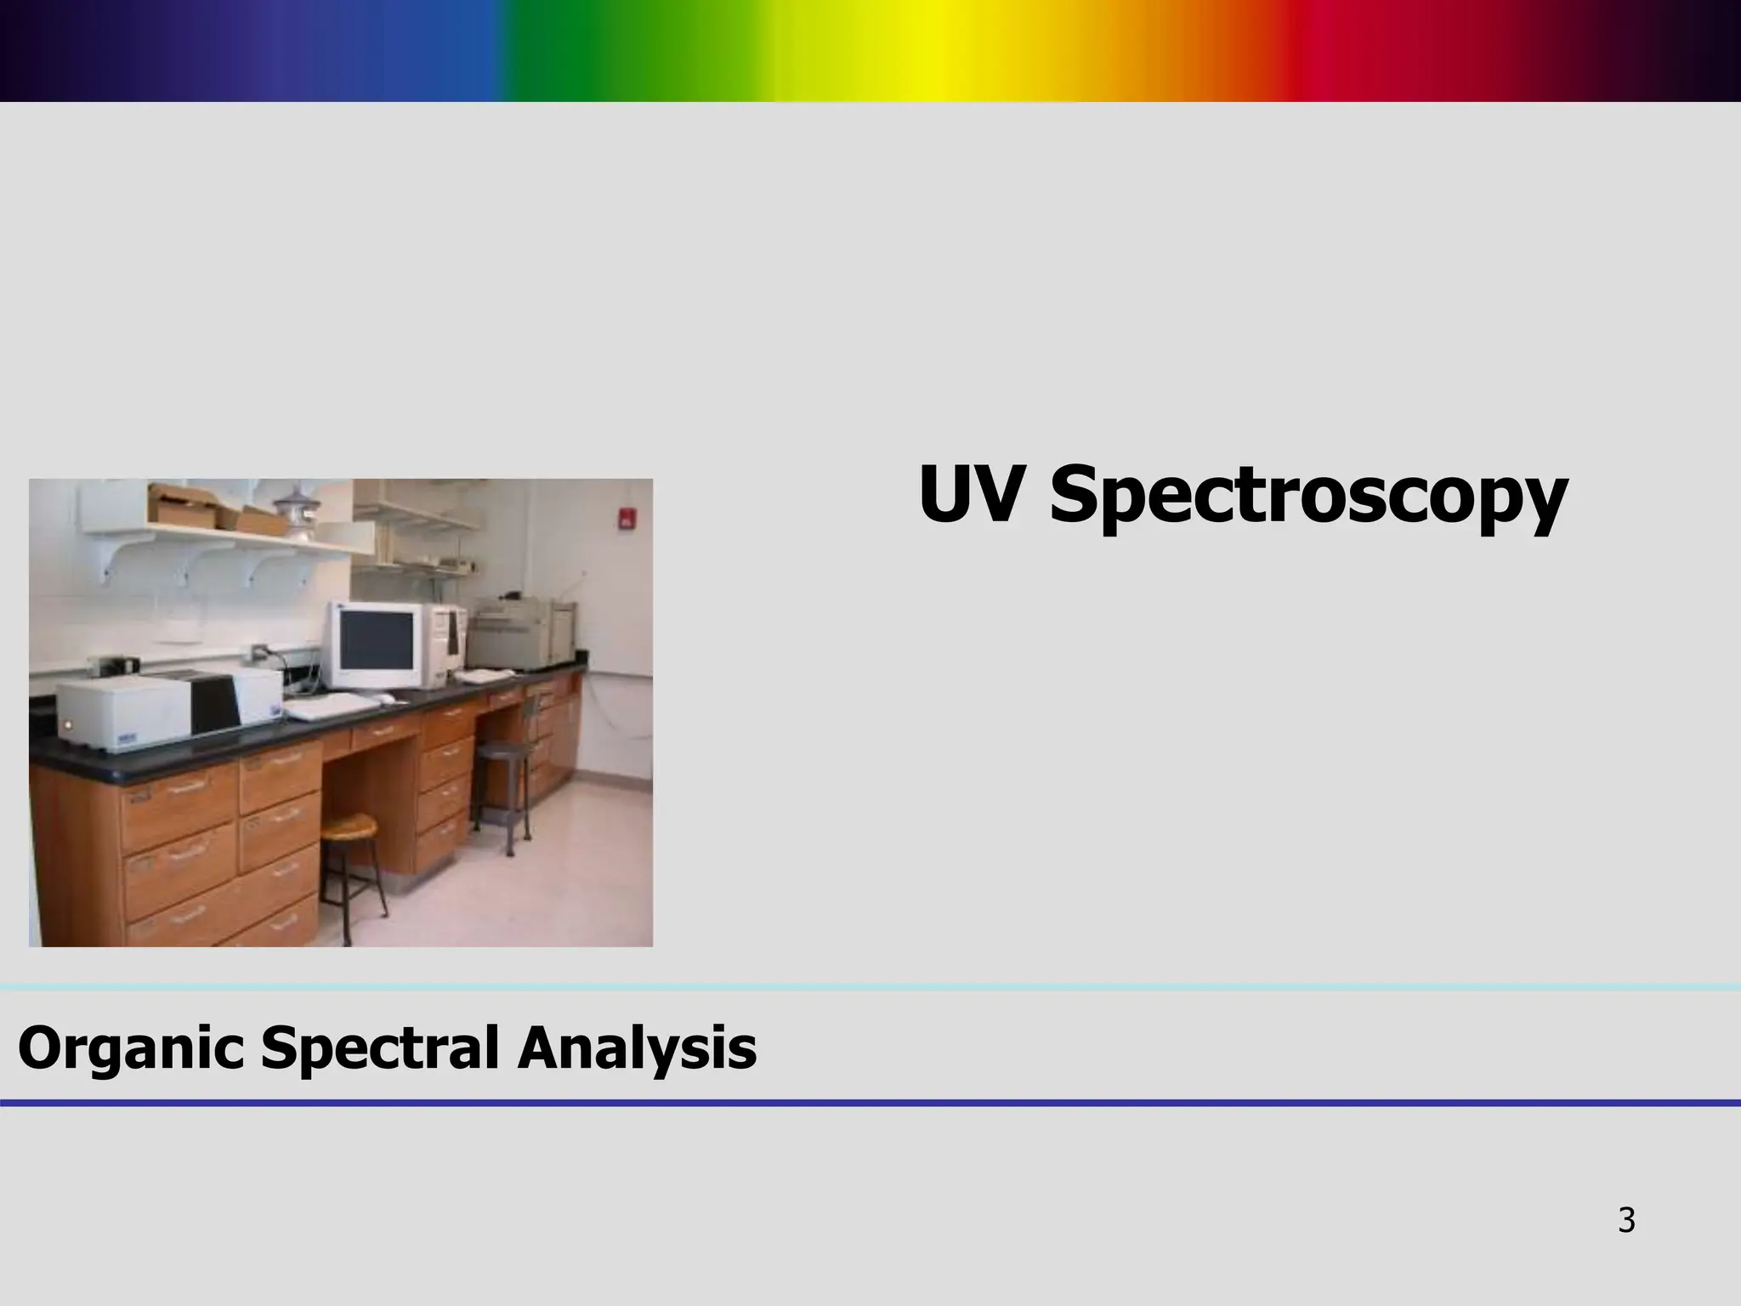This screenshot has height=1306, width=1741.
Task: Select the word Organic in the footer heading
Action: click(132, 1048)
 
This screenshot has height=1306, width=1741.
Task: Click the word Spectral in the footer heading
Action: click(380, 1048)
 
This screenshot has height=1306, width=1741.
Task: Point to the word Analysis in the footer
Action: click(637, 1048)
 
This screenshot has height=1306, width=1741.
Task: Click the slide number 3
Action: click(1625, 1220)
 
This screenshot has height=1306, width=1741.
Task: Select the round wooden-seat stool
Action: click(349, 826)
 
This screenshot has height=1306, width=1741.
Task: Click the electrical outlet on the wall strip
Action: click(258, 653)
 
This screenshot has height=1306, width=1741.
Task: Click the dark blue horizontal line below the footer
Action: click(870, 1103)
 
